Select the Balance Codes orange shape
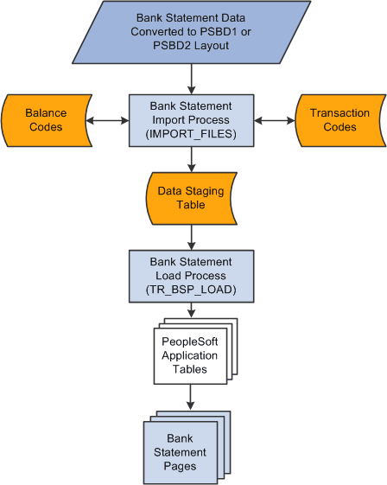point(46,120)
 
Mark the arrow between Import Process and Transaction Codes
point(275,121)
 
